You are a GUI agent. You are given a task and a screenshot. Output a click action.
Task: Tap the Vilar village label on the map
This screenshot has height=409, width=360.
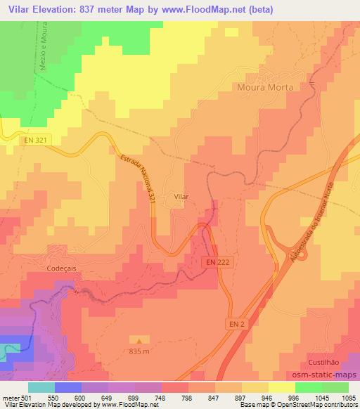(181, 198)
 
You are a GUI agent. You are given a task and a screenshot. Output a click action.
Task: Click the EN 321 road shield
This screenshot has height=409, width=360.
(33, 141)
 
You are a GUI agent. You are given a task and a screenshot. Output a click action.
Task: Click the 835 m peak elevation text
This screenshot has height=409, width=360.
(139, 351)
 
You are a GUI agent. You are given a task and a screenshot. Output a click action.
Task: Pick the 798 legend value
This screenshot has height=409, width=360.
(186, 397)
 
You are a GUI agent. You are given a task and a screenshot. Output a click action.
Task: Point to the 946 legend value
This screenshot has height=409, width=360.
(267, 397)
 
